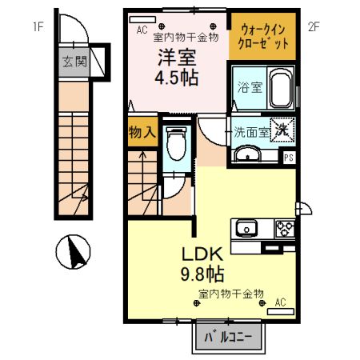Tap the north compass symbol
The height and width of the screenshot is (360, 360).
(x=73, y=252)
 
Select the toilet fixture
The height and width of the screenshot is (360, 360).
(x=177, y=143)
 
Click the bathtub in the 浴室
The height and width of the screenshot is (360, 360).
(x=281, y=87)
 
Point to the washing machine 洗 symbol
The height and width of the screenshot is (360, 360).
(x=282, y=130)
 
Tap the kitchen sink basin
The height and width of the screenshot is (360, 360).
(x=246, y=228)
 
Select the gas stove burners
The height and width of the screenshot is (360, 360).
(x=285, y=228)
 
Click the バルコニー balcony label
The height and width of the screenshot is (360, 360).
(x=228, y=338)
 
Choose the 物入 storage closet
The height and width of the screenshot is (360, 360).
(x=142, y=131)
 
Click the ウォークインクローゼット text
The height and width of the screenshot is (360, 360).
(x=263, y=37)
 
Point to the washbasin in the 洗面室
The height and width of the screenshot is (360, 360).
(x=248, y=154)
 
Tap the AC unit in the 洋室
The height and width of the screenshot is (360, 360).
(x=142, y=19)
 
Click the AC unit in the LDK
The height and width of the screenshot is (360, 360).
(x=281, y=311)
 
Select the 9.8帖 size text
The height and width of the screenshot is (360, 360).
(x=202, y=274)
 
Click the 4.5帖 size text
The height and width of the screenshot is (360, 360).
(x=177, y=78)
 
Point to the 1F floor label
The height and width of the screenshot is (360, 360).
(x=38, y=27)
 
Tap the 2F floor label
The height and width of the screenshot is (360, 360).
(x=314, y=27)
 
